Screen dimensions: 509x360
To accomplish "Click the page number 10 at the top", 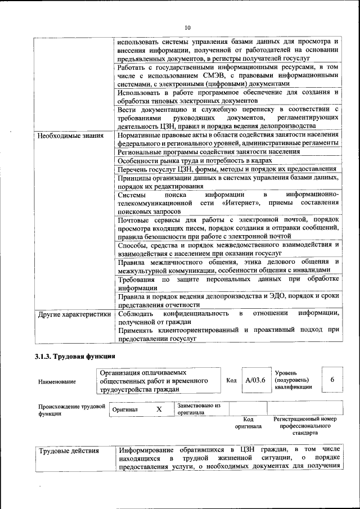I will (x=187, y=27).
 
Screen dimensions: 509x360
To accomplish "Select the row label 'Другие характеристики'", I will (x=74, y=314).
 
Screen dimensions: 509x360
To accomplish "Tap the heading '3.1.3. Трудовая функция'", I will (x=75, y=356).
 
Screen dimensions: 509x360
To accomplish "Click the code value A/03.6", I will (x=255, y=380).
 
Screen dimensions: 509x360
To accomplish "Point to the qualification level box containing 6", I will (x=332, y=380).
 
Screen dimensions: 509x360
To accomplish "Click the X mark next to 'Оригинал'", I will (x=159, y=410).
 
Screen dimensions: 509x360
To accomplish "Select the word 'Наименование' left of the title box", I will (x=57, y=381).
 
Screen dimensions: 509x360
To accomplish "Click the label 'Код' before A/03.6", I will (x=231, y=380).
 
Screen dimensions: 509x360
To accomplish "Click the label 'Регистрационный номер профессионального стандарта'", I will (x=304, y=426).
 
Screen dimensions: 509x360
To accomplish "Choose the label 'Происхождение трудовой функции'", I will (x=71, y=409).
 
